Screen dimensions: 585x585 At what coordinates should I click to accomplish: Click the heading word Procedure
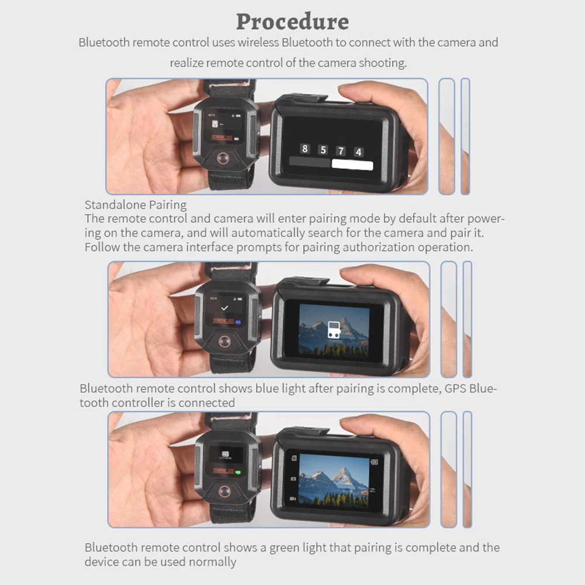(292, 21)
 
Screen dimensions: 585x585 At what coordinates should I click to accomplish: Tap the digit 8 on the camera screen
(304, 148)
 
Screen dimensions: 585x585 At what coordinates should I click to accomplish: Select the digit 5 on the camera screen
(322, 150)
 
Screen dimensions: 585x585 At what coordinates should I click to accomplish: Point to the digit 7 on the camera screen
(341, 151)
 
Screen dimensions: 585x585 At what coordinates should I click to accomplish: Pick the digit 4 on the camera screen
(358, 152)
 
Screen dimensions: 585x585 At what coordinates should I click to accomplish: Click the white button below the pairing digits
(352, 165)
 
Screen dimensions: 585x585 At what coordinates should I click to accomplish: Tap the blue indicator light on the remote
(237, 321)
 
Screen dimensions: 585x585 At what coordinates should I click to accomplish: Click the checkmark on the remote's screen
(224, 307)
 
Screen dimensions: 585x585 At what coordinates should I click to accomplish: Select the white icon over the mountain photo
(333, 329)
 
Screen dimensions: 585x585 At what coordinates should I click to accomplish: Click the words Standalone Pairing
(136, 205)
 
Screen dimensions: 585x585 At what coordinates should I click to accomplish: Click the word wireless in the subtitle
(255, 42)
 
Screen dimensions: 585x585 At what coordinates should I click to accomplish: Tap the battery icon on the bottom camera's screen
(374, 462)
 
